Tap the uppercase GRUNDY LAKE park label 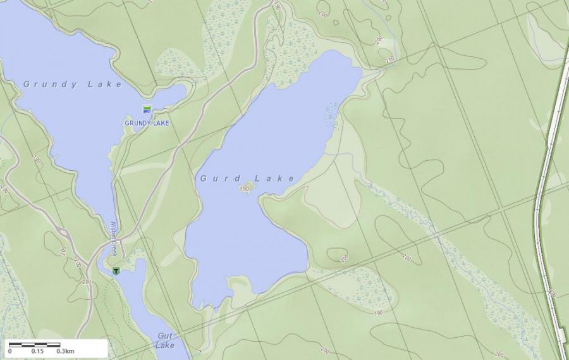pyautogui.click(x=147, y=123)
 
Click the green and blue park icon pyautogui.click(x=147, y=109)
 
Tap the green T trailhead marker pyautogui.click(x=116, y=271)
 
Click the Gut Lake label pyautogui.click(x=166, y=340)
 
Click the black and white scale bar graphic pyautogui.click(x=35, y=345)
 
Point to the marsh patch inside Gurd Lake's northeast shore pyautogui.click(x=330, y=114)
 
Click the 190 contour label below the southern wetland pyautogui.click(x=379, y=313)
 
